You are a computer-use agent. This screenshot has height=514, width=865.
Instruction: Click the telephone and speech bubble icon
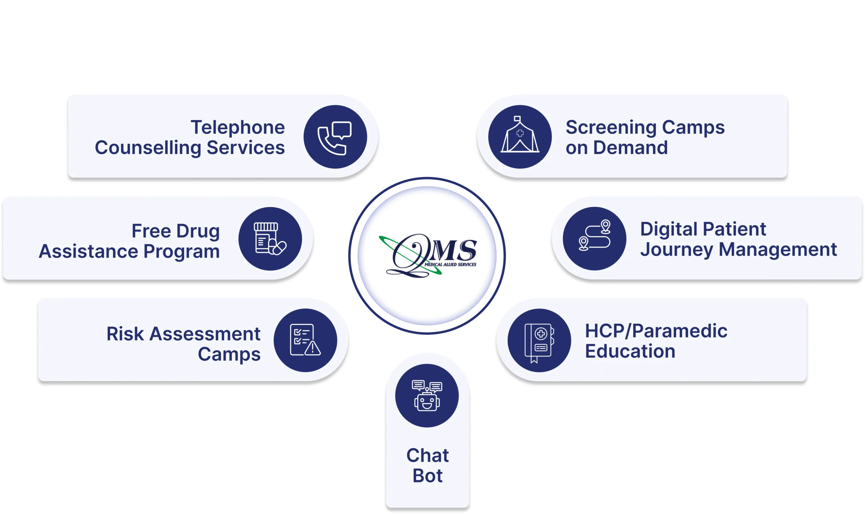335,138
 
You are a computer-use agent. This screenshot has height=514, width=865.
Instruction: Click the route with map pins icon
594,235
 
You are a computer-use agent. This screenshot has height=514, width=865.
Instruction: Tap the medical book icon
539,343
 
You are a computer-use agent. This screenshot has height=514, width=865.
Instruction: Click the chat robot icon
427,396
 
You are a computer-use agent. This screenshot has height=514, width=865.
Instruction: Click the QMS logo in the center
428,256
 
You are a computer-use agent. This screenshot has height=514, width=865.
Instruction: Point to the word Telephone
238,127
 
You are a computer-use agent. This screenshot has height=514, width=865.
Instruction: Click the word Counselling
148,148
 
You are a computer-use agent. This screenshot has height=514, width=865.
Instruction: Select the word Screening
611,127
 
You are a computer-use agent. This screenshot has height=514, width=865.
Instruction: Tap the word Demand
631,147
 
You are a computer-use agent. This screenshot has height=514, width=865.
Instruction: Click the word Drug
198,231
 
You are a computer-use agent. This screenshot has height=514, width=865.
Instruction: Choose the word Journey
677,250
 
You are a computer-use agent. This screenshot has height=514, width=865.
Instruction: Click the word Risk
125,334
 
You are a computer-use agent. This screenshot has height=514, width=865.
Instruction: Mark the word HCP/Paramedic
656,331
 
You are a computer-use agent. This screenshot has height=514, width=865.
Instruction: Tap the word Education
630,351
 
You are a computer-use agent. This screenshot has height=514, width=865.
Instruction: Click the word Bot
427,475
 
